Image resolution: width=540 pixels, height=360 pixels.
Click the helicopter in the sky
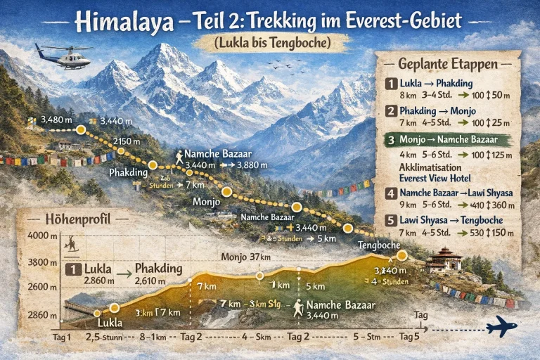pyautogui.click(x=63, y=56)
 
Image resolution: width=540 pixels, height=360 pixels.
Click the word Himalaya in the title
pyautogui.click(x=124, y=21)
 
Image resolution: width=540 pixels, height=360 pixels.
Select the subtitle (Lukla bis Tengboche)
pyautogui.click(x=272, y=43)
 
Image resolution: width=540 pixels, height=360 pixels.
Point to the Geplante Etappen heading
pyautogui.click(x=448, y=63)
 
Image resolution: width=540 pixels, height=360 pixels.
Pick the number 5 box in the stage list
pyautogui.click(x=392, y=220)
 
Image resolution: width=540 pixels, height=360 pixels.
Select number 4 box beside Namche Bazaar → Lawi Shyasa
pyautogui.click(x=392, y=193)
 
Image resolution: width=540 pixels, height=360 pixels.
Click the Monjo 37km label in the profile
pyautogui.click(x=245, y=257)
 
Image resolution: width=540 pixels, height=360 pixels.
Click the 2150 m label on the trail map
pyautogui.click(x=128, y=142)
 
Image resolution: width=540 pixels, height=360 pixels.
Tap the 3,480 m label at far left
pyautogui.click(x=57, y=120)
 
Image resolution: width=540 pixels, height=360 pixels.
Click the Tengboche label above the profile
pyautogui.click(x=378, y=245)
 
